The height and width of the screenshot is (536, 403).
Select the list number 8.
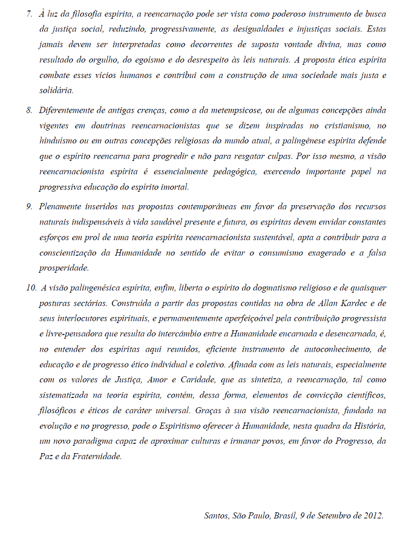tap(28, 111)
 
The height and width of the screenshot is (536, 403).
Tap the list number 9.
tap(28, 206)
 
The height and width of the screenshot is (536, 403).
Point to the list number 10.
tap(31, 286)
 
